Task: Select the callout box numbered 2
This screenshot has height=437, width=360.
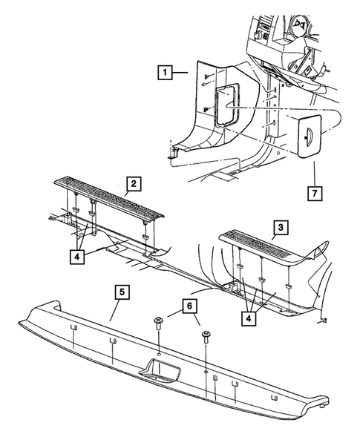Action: (133, 183)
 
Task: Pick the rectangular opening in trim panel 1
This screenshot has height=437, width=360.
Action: (224, 103)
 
